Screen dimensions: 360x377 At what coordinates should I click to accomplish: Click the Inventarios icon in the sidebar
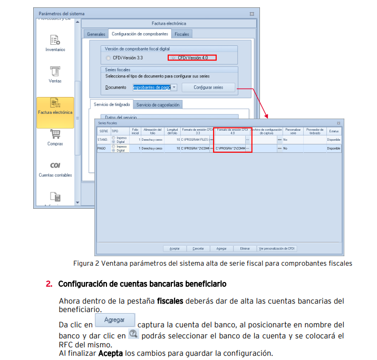click(55, 40)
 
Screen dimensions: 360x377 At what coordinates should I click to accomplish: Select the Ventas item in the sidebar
click(55, 72)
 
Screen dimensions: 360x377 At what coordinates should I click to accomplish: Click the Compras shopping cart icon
click(55, 134)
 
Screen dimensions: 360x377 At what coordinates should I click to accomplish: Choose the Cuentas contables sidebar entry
click(55, 166)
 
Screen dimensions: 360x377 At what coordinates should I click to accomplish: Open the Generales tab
click(96, 34)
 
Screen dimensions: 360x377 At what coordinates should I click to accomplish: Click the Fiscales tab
click(182, 34)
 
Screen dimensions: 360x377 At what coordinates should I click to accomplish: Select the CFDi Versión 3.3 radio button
click(109, 57)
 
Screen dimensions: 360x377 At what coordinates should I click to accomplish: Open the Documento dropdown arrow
click(174, 87)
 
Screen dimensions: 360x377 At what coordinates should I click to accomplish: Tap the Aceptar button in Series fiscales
click(175, 248)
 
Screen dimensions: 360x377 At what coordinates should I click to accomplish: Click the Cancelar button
click(198, 248)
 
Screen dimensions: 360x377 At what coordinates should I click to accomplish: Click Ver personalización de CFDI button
click(277, 248)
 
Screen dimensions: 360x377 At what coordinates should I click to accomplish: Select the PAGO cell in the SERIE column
click(102, 149)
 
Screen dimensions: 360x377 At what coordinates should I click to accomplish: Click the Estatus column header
click(334, 131)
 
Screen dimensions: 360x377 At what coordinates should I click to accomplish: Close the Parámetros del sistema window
click(252, 13)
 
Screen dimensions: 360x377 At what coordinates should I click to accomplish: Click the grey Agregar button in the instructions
click(114, 320)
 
